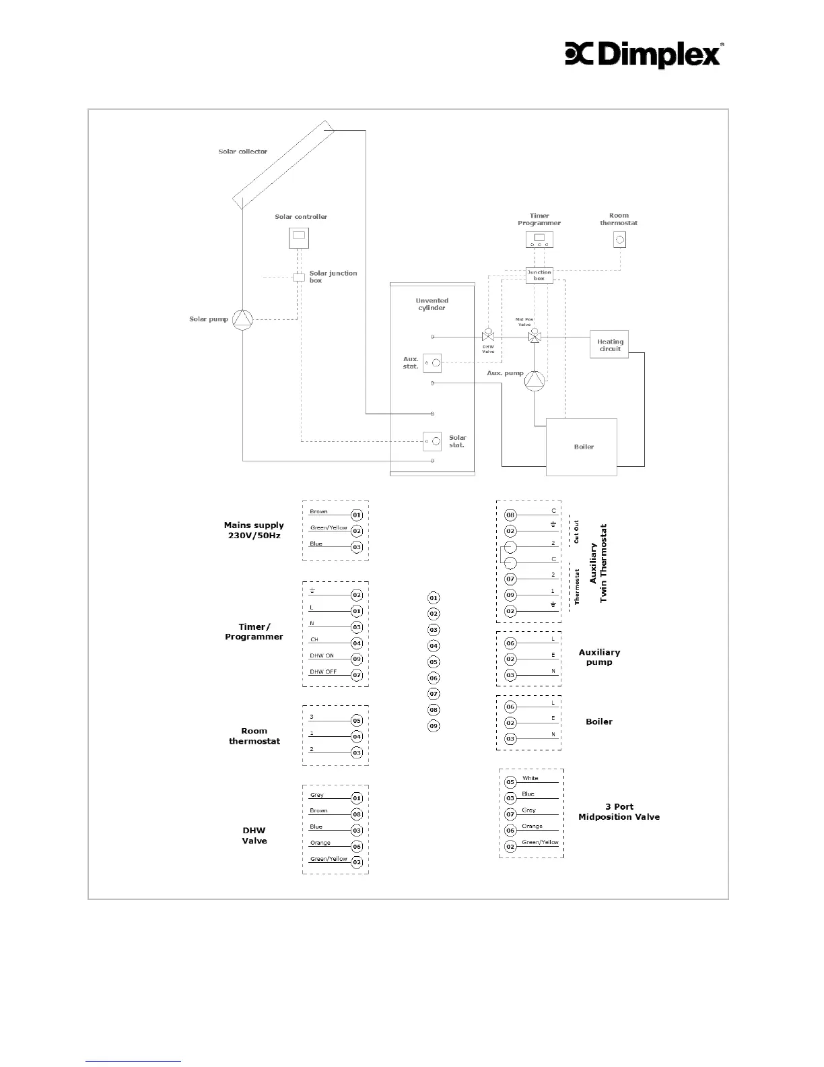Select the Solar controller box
point(299,237)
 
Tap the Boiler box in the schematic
point(581,447)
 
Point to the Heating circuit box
point(609,345)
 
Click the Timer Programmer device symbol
point(539,239)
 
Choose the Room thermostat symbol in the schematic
point(620,239)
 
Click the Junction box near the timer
point(539,275)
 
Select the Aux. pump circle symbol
point(534,381)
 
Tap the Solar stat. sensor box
point(432,441)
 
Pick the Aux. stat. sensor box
point(432,363)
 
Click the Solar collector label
point(242,152)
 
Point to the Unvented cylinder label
point(432,304)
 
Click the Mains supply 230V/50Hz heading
point(254,530)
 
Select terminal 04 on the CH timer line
point(357,643)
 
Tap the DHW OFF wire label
point(323,672)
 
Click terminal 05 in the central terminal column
point(434,662)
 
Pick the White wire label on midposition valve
point(530,778)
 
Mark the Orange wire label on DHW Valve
point(320,843)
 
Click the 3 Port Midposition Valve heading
point(619,812)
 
